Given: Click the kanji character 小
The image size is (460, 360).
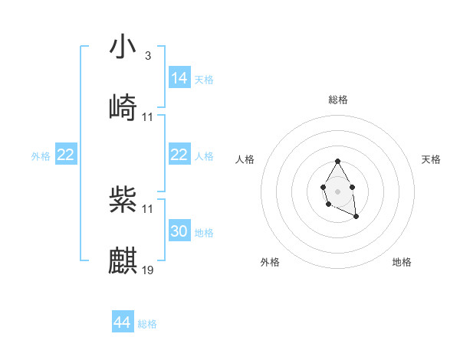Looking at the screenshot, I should (x=123, y=47).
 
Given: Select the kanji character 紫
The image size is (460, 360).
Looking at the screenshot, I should (x=123, y=199).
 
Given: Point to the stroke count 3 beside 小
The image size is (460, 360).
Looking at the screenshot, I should (x=147, y=56).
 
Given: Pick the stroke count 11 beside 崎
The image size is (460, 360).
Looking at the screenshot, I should (x=148, y=116).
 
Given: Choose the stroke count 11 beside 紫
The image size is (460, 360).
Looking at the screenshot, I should (x=148, y=208).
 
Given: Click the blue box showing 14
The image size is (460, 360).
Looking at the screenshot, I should (x=179, y=78).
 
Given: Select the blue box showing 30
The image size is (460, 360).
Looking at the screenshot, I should (x=179, y=231).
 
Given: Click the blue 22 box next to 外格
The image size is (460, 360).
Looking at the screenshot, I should (x=66, y=155).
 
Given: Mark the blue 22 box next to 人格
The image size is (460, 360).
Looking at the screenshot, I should (x=179, y=155).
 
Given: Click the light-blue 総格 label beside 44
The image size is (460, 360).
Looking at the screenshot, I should (x=147, y=324).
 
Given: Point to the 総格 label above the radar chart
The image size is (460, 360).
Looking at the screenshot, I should (x=338, y=100).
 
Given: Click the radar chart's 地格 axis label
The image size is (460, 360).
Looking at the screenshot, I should (x=402, y=262).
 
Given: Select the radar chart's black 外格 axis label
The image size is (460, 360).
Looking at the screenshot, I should (x=270, y=262).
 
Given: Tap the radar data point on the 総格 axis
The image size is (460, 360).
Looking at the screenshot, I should (x=337, y=162).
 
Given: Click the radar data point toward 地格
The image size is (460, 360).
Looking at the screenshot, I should (x=356, y=218).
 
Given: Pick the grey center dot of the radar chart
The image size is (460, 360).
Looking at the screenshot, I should (x=337, y=191).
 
